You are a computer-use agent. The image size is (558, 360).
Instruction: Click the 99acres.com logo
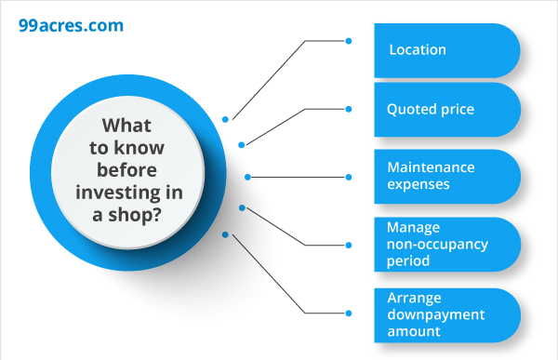click(x=71, y=25)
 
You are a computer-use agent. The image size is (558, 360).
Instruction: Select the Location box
click(x=446, y=50)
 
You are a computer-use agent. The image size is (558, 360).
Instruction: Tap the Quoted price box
click(x=446, y=110)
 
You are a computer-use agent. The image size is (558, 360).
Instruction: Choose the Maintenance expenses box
click(x=446, y=176)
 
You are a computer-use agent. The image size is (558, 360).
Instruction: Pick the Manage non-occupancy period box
click(x=446, y=245)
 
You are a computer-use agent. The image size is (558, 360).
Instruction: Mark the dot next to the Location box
click(x=349, y=41)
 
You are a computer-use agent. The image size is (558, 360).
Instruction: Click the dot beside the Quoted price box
click(x=349, y=109)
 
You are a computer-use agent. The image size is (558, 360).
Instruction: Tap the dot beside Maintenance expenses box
click(x=349, y=177)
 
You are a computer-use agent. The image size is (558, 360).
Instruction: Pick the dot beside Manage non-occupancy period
click(x=349, y=245)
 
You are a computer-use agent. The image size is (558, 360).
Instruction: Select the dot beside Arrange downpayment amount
click(x=349, y=313)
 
